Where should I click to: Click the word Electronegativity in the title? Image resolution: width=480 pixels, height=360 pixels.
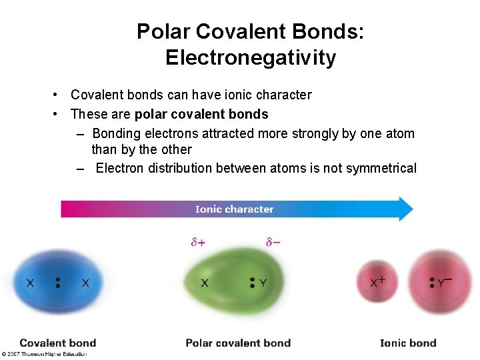[250, 58]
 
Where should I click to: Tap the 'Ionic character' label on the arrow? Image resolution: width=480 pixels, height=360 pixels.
[234, 209]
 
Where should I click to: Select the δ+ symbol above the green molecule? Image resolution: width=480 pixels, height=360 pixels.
[198, 243]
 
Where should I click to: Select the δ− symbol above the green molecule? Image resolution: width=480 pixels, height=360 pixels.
[273, 243]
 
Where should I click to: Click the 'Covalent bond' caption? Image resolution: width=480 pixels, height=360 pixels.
[58, 343]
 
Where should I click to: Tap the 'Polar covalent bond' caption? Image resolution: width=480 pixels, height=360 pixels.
[238, 343]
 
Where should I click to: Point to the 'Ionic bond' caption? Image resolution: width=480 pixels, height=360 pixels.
[408, 343]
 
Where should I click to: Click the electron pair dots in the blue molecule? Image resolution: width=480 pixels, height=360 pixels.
[58, 283]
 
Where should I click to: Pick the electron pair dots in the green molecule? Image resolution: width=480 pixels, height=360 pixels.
[253, 283]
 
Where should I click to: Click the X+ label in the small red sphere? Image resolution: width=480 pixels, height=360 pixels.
[377, 282]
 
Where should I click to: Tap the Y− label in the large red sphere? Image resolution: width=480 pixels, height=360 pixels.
[444, 282]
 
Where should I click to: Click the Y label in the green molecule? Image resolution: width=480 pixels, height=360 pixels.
[263, 283]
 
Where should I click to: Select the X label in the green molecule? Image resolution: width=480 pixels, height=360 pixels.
[204, 283]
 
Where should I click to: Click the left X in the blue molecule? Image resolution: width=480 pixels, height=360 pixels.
[30, 283]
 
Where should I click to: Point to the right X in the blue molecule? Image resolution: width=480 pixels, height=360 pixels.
[85, 283]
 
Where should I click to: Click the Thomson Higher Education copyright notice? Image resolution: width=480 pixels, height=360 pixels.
[44, 354]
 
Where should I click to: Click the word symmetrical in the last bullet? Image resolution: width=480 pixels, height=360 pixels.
[378, 168]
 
